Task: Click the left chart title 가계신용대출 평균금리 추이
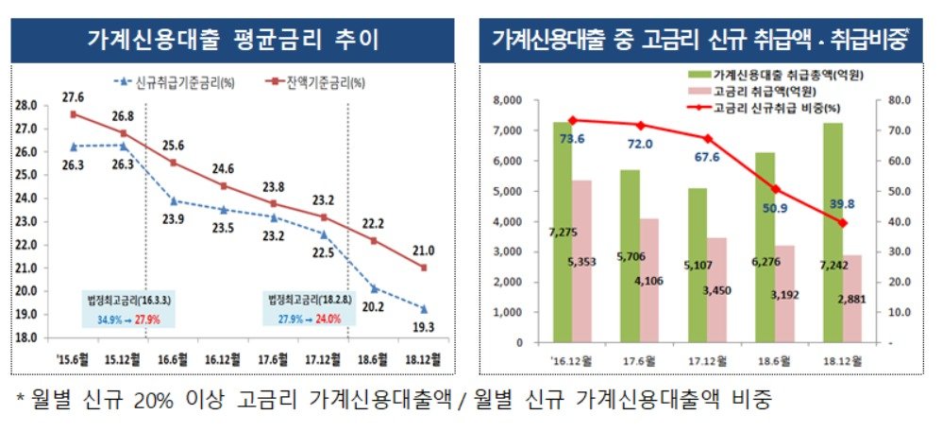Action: pos(232,41)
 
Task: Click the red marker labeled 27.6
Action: pos(74,114)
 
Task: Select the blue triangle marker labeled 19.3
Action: pos(424,309)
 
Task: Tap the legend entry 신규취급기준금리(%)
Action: pos(176,83)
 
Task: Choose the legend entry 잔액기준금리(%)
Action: pos(316,82)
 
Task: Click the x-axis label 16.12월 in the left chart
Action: pos(223,360)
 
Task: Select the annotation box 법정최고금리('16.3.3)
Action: pos(127,310)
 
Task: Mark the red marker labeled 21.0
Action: pos(424,268)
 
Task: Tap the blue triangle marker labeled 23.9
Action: pos(174,201)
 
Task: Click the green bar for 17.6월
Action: pos(631,256)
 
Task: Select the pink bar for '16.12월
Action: pos(581,262)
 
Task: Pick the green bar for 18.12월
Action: pos(833,233)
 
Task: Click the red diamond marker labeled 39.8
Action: pos(842,223)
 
